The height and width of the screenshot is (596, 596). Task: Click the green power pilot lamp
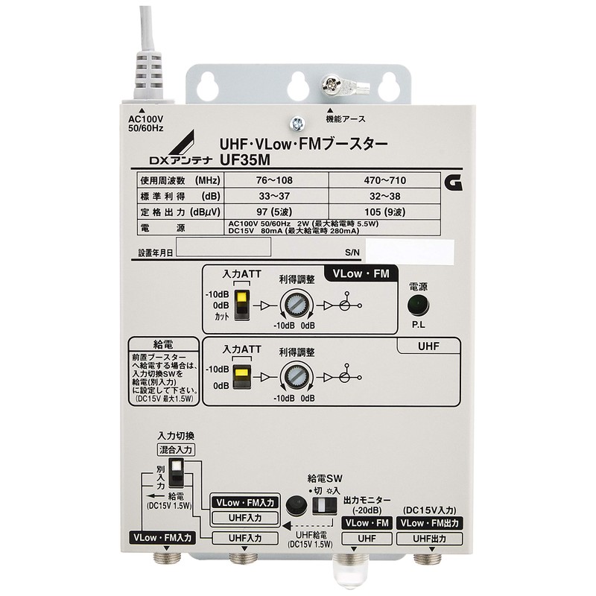(x=417, y=305)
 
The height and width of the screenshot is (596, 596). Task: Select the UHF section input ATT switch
(x=242, y=376)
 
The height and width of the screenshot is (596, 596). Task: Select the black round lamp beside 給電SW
(x=298, y=505)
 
